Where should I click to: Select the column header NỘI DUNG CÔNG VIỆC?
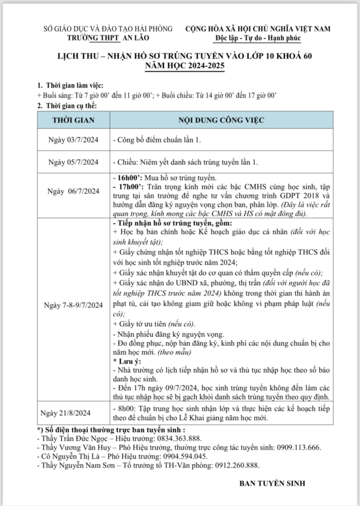[x=220, y=120]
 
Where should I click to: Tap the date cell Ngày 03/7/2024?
[x=74, y=141]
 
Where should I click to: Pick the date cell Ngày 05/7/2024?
[x=74, y=162]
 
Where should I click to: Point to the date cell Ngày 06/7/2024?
[x=74, y=191]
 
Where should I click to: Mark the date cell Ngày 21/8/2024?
[x=74, y=412]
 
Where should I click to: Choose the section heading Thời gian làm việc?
[x=74, y=85]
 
